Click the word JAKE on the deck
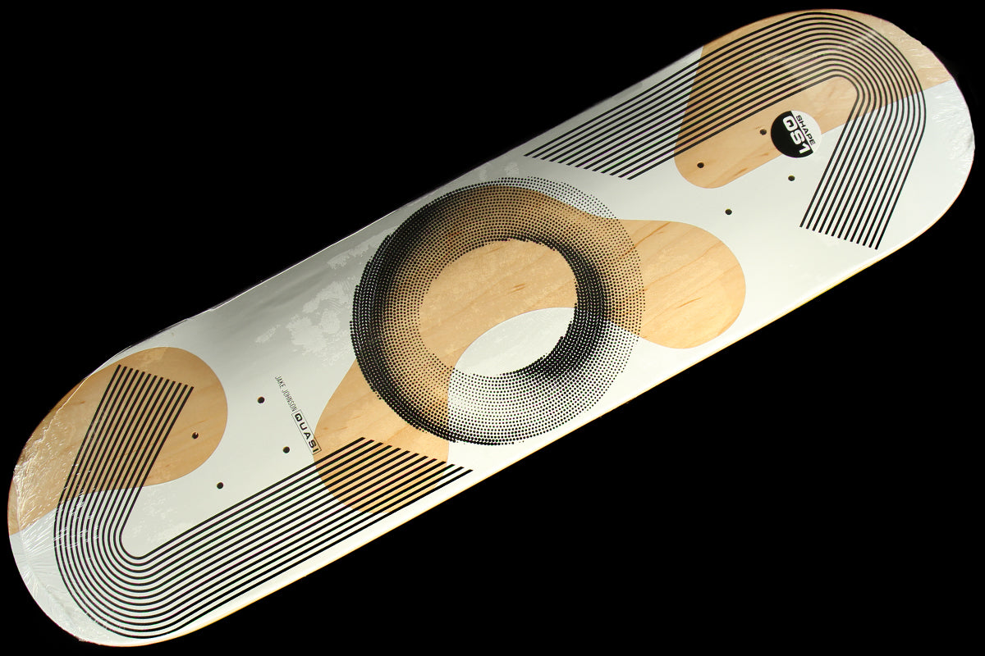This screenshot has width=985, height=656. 279,384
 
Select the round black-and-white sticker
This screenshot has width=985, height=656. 793,134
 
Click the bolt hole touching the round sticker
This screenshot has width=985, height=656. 763,131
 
